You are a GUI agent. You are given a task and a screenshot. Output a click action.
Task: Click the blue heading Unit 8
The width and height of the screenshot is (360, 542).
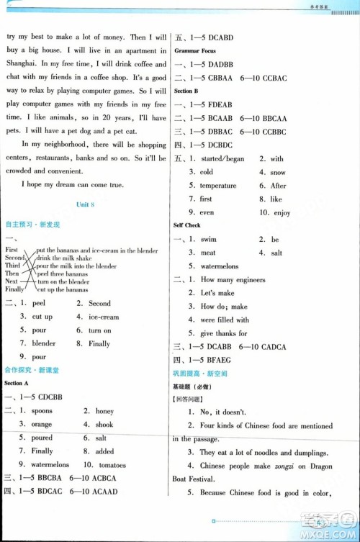coord(86,205)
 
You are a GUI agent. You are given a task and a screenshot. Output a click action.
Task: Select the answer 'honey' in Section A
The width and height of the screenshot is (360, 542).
coord(104,411)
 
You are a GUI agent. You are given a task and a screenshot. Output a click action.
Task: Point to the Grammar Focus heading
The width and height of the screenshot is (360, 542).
coord(197,51)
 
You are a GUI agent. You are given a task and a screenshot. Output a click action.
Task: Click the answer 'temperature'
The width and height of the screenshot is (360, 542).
coord(217,186)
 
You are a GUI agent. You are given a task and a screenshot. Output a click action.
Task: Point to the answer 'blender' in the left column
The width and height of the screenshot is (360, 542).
coord(43,343)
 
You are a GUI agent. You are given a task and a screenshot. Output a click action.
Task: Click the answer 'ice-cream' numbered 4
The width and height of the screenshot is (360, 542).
coord(104,317)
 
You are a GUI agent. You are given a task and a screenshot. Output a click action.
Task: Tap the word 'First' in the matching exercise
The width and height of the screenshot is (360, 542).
coord(12,250)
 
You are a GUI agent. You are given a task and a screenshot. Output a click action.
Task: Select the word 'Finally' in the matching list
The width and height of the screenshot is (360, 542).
coord(14,289)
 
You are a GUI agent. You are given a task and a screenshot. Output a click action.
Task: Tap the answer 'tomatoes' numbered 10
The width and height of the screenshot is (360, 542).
coord(113,464)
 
